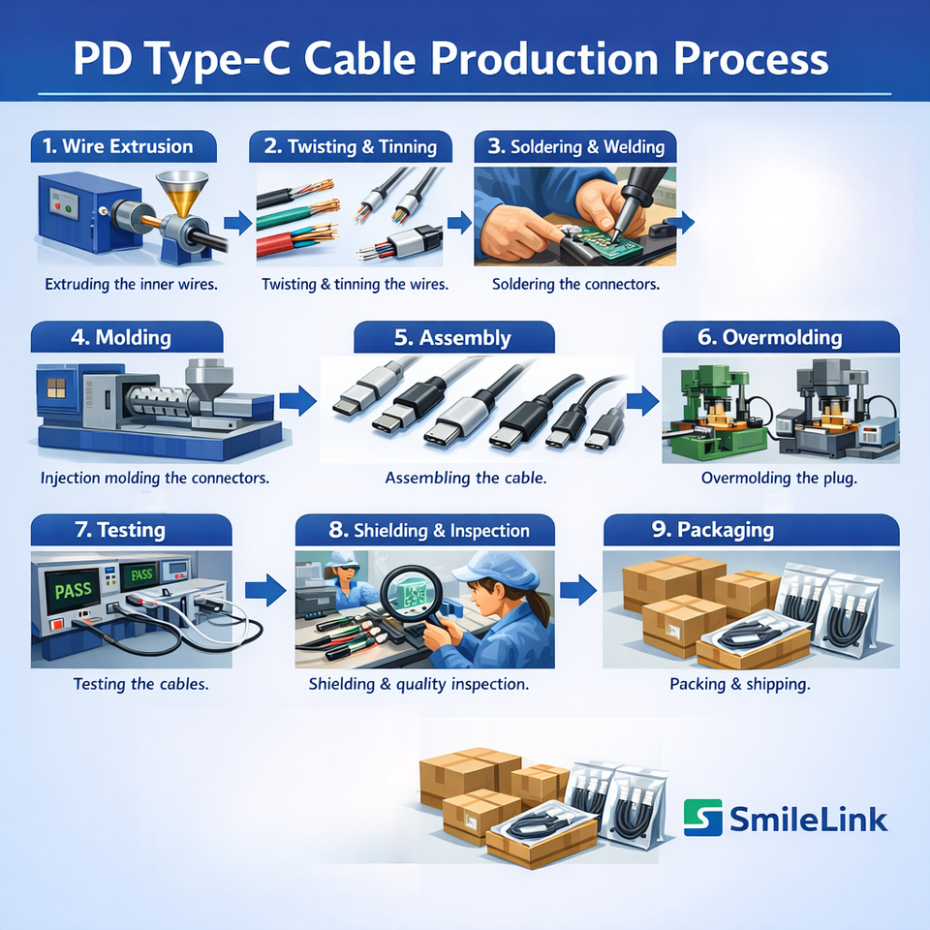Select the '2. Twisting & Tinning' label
click(350, 147)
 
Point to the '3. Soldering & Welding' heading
click(574, 147)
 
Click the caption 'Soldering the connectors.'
click(576, 285)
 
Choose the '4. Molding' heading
click(127, 337)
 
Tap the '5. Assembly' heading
click(453, 337)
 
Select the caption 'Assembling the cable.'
click(466, 478)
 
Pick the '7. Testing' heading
click(131, 530)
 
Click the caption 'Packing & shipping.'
click(740, 684)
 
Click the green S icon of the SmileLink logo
click(702, 818)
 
